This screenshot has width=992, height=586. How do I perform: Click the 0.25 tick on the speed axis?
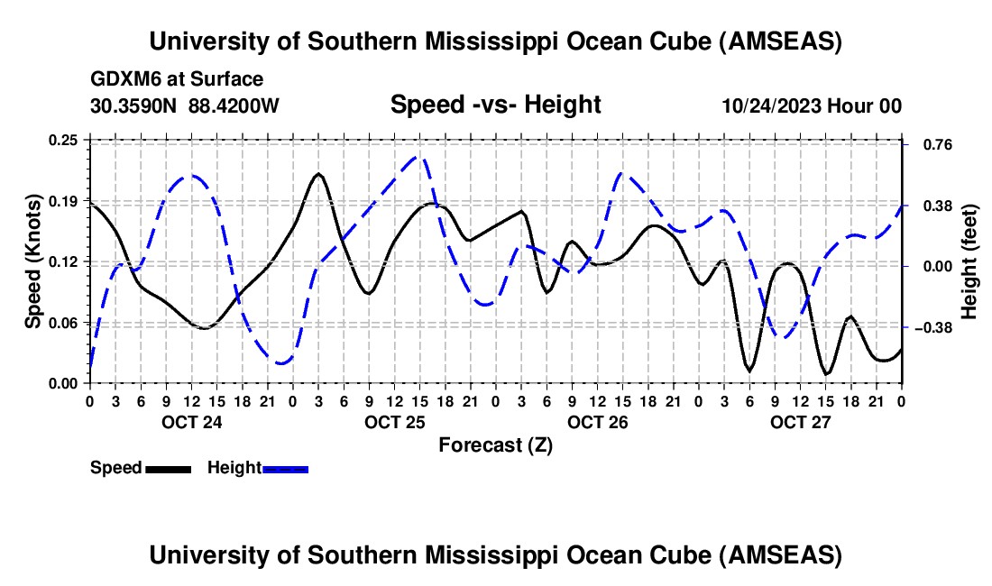(64, 140)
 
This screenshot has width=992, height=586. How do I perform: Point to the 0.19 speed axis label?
(64, 200)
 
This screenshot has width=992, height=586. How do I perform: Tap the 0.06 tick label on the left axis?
(64, 323)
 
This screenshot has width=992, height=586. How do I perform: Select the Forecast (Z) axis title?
(495, 444)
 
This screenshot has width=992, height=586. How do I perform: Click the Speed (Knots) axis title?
(33, 261)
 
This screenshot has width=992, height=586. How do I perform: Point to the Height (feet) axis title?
(969, 261)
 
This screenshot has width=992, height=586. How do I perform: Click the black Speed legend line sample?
(168, 468)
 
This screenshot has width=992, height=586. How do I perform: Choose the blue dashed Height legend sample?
(286, 468)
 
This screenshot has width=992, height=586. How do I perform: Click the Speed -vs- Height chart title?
(495, 105)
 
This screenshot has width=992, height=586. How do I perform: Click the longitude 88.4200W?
(234, 105)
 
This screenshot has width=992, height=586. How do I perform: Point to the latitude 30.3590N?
(134, 105)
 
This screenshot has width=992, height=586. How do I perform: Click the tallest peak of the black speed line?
(318, 173)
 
